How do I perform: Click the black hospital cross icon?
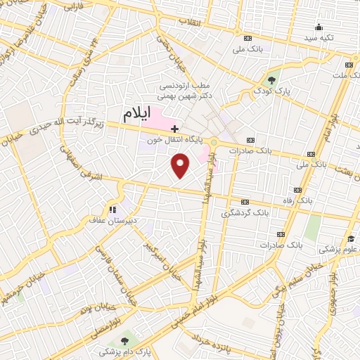pos(174,129)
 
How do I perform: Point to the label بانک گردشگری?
pos(245,212)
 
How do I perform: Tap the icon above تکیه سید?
pos(319,27)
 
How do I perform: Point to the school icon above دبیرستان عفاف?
pos(111,209)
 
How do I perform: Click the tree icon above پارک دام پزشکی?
pos(125,340)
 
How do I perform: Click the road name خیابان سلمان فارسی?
pos(113,278)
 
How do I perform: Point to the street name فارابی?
pos(73,8)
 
